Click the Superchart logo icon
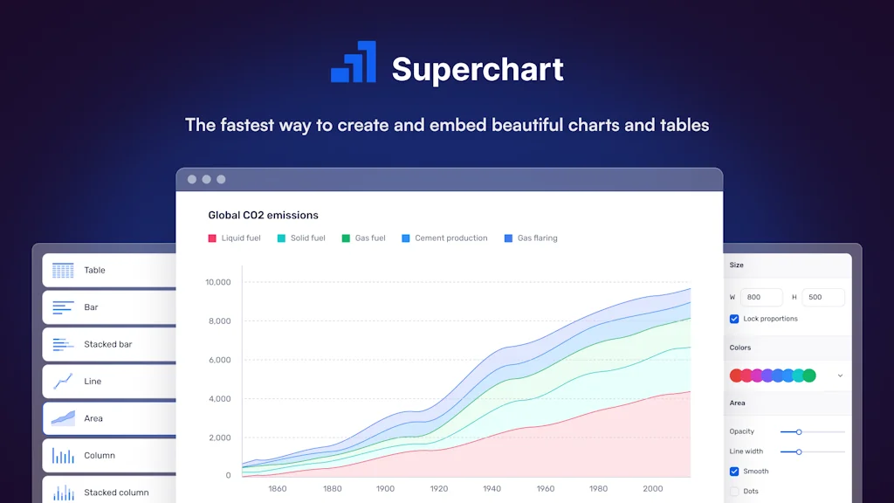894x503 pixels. [354, 63]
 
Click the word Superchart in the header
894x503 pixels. [478, 70]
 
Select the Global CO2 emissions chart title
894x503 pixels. [263, 215]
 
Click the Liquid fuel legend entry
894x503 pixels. [234, 238]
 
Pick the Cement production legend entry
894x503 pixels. [444, 238]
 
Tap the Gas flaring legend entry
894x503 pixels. [530, 238]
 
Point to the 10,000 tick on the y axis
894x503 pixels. [217, 282]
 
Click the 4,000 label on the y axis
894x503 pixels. [217, 399]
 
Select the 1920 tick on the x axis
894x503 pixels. [438, 489]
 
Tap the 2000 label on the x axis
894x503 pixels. [652, 489]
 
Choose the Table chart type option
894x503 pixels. [94, 271]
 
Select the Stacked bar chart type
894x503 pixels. [107, 344]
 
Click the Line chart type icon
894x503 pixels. [63, 382]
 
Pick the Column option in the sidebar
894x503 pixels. [100, 456]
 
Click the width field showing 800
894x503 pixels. [761, 297]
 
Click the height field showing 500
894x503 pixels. [822, 297]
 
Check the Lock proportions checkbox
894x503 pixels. [734, 319]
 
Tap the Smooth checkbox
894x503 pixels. [734, 472]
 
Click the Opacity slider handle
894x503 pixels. [799, 431]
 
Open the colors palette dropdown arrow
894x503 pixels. [840, 376]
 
